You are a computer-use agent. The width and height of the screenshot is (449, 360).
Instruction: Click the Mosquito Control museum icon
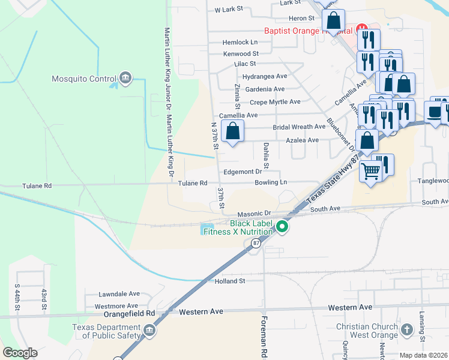click(125, 77)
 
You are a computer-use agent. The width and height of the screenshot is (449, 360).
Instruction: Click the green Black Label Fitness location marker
click(282, 226)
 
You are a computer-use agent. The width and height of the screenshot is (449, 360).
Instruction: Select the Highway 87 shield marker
click(256, 242)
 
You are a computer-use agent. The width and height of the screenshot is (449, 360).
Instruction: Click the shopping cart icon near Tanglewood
click(371, 172)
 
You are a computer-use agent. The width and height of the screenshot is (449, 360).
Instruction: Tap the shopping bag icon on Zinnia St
click(232, 131)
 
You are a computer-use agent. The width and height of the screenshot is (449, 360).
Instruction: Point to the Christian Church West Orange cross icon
click(407, 330)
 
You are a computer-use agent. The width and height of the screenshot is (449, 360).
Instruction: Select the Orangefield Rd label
click(129, 313)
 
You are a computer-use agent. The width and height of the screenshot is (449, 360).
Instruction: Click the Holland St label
click(226, 281)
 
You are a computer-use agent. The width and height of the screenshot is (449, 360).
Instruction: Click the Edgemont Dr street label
click(244, 172)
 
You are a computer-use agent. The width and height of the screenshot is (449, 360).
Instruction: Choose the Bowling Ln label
click(271, 182)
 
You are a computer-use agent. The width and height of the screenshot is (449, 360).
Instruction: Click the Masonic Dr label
click(255, 213)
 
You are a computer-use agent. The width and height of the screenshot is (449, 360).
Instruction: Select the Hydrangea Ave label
click(265, 77)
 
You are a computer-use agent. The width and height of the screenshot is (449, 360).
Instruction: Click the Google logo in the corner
click(20, 353)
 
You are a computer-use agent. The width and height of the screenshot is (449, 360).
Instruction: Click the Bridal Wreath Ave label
click(299, 127)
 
